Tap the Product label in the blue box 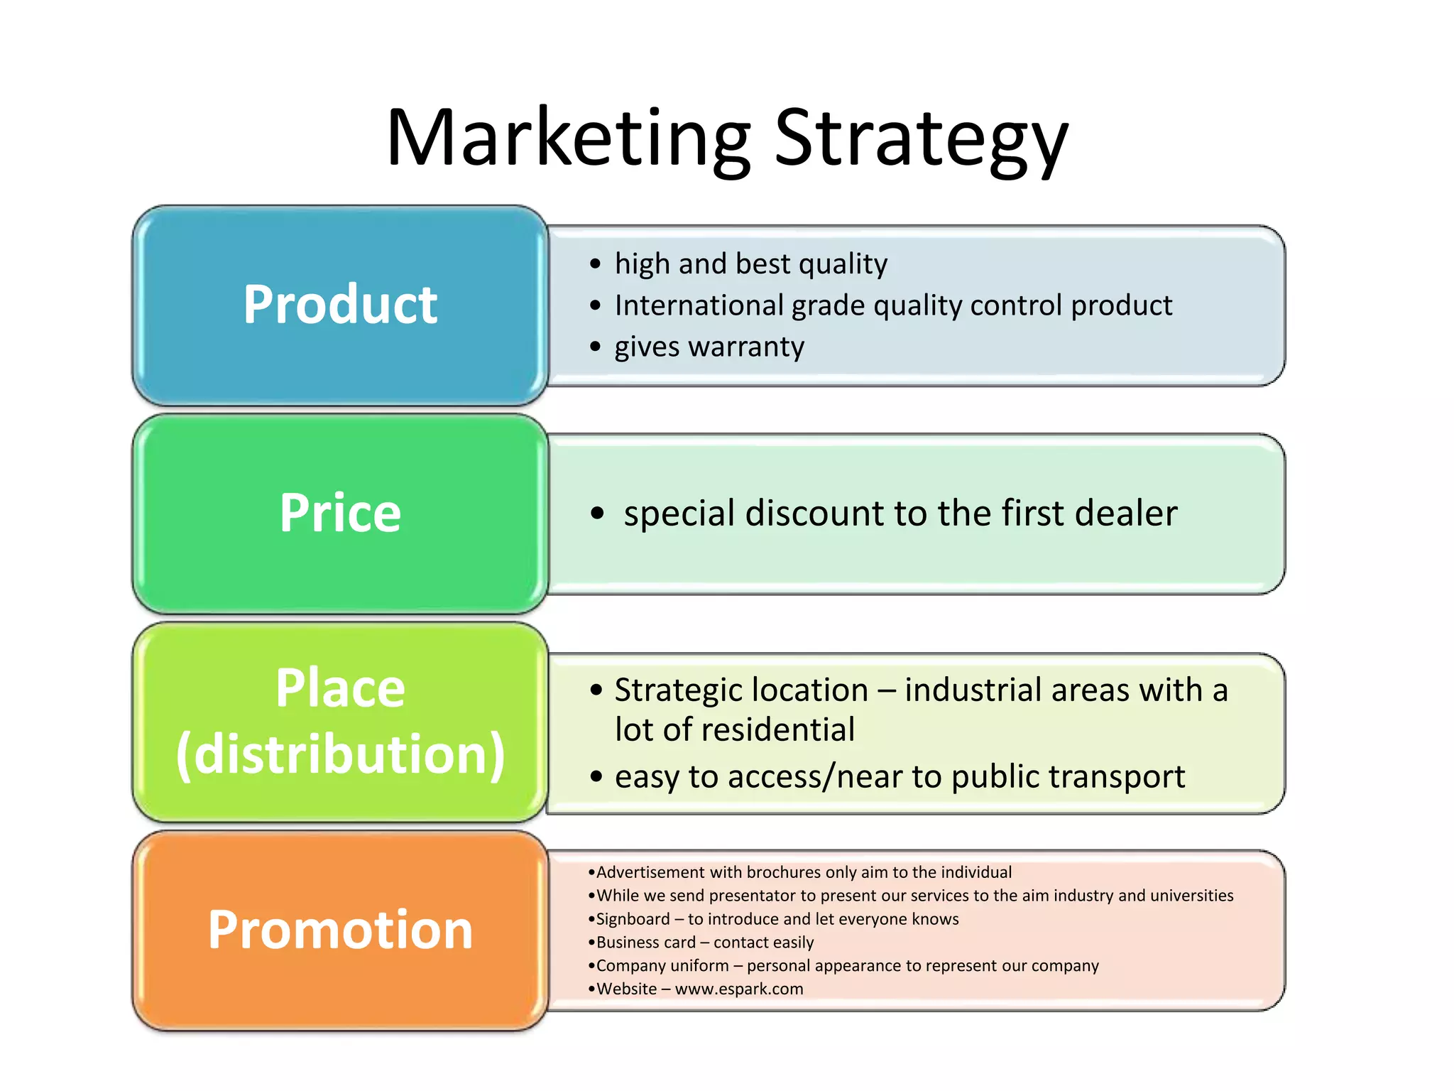340,305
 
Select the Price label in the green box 340,513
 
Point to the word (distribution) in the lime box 340,754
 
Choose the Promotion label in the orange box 340,930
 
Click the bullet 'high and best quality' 750,264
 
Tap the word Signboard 633,919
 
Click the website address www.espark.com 739,989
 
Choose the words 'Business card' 645,943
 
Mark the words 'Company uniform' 662,966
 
